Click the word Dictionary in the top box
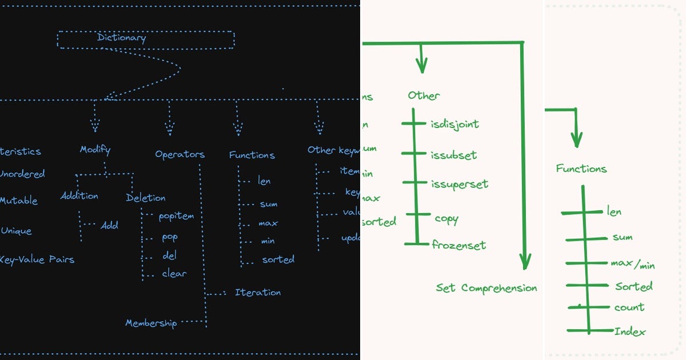121,38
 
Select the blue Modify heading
95,150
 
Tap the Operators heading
180,154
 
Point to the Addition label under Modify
79,195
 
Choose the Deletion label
146,198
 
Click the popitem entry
176,216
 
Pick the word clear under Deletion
174,274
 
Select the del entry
169,255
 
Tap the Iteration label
258,292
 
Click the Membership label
151,323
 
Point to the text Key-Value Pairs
37,259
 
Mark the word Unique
16,231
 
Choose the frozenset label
459,245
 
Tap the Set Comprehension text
486,288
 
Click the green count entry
629,307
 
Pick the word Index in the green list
630,331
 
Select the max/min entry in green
633,265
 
